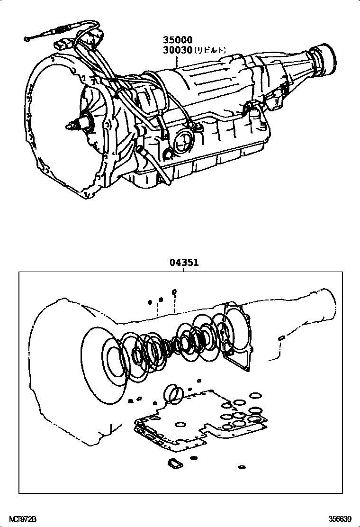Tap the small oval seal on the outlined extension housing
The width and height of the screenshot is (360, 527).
(x=281, y=337)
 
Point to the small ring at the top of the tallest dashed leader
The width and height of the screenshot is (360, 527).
(x=174, y=291)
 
